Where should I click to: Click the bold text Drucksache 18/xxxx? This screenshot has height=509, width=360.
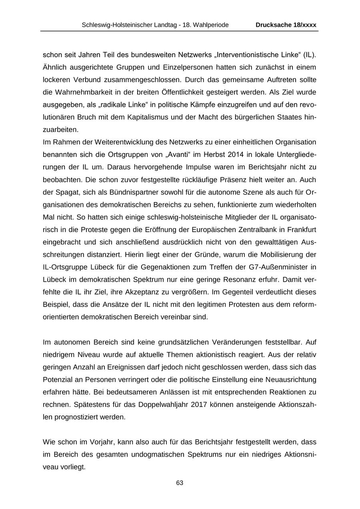pos(286,25)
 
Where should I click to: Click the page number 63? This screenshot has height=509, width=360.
pos(180,483)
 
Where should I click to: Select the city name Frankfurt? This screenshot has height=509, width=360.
pos(301,230)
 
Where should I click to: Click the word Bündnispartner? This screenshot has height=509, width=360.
pos(120,192)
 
